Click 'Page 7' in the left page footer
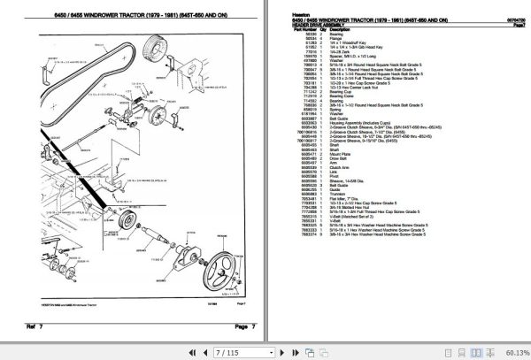pyautogui.click(x=244, y=328)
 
